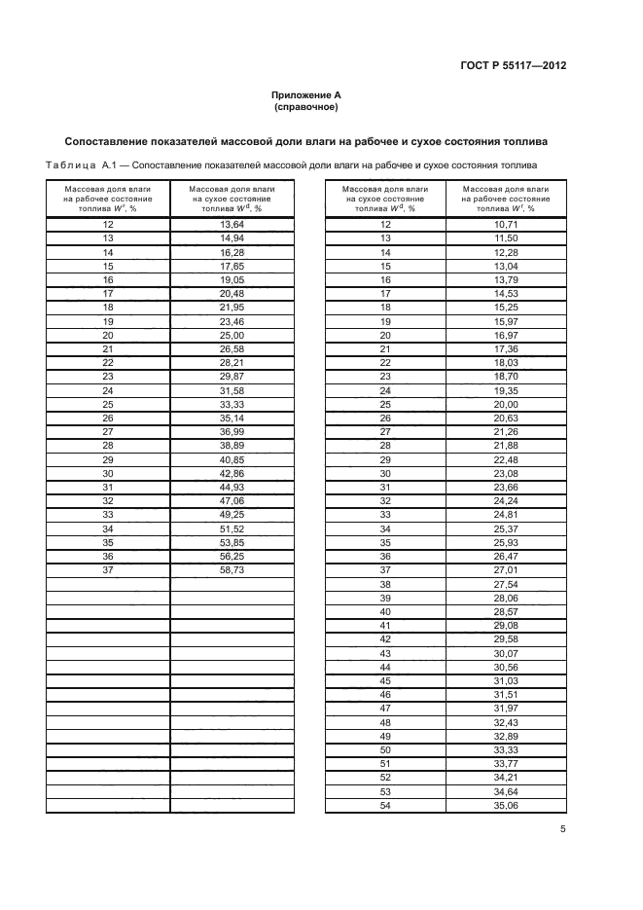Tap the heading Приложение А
[306, 94]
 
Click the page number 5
[562, 829]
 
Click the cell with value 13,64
[232, 225]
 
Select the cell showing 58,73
[232, 570]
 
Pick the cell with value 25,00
[232, 335]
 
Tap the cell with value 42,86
[232, 473]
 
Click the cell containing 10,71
[506, 225]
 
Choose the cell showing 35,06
[506, 805]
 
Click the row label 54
[385, 805]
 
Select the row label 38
[385, 584]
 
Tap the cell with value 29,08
[506, 625]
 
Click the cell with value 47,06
[232, 501]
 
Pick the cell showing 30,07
[506, 653]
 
